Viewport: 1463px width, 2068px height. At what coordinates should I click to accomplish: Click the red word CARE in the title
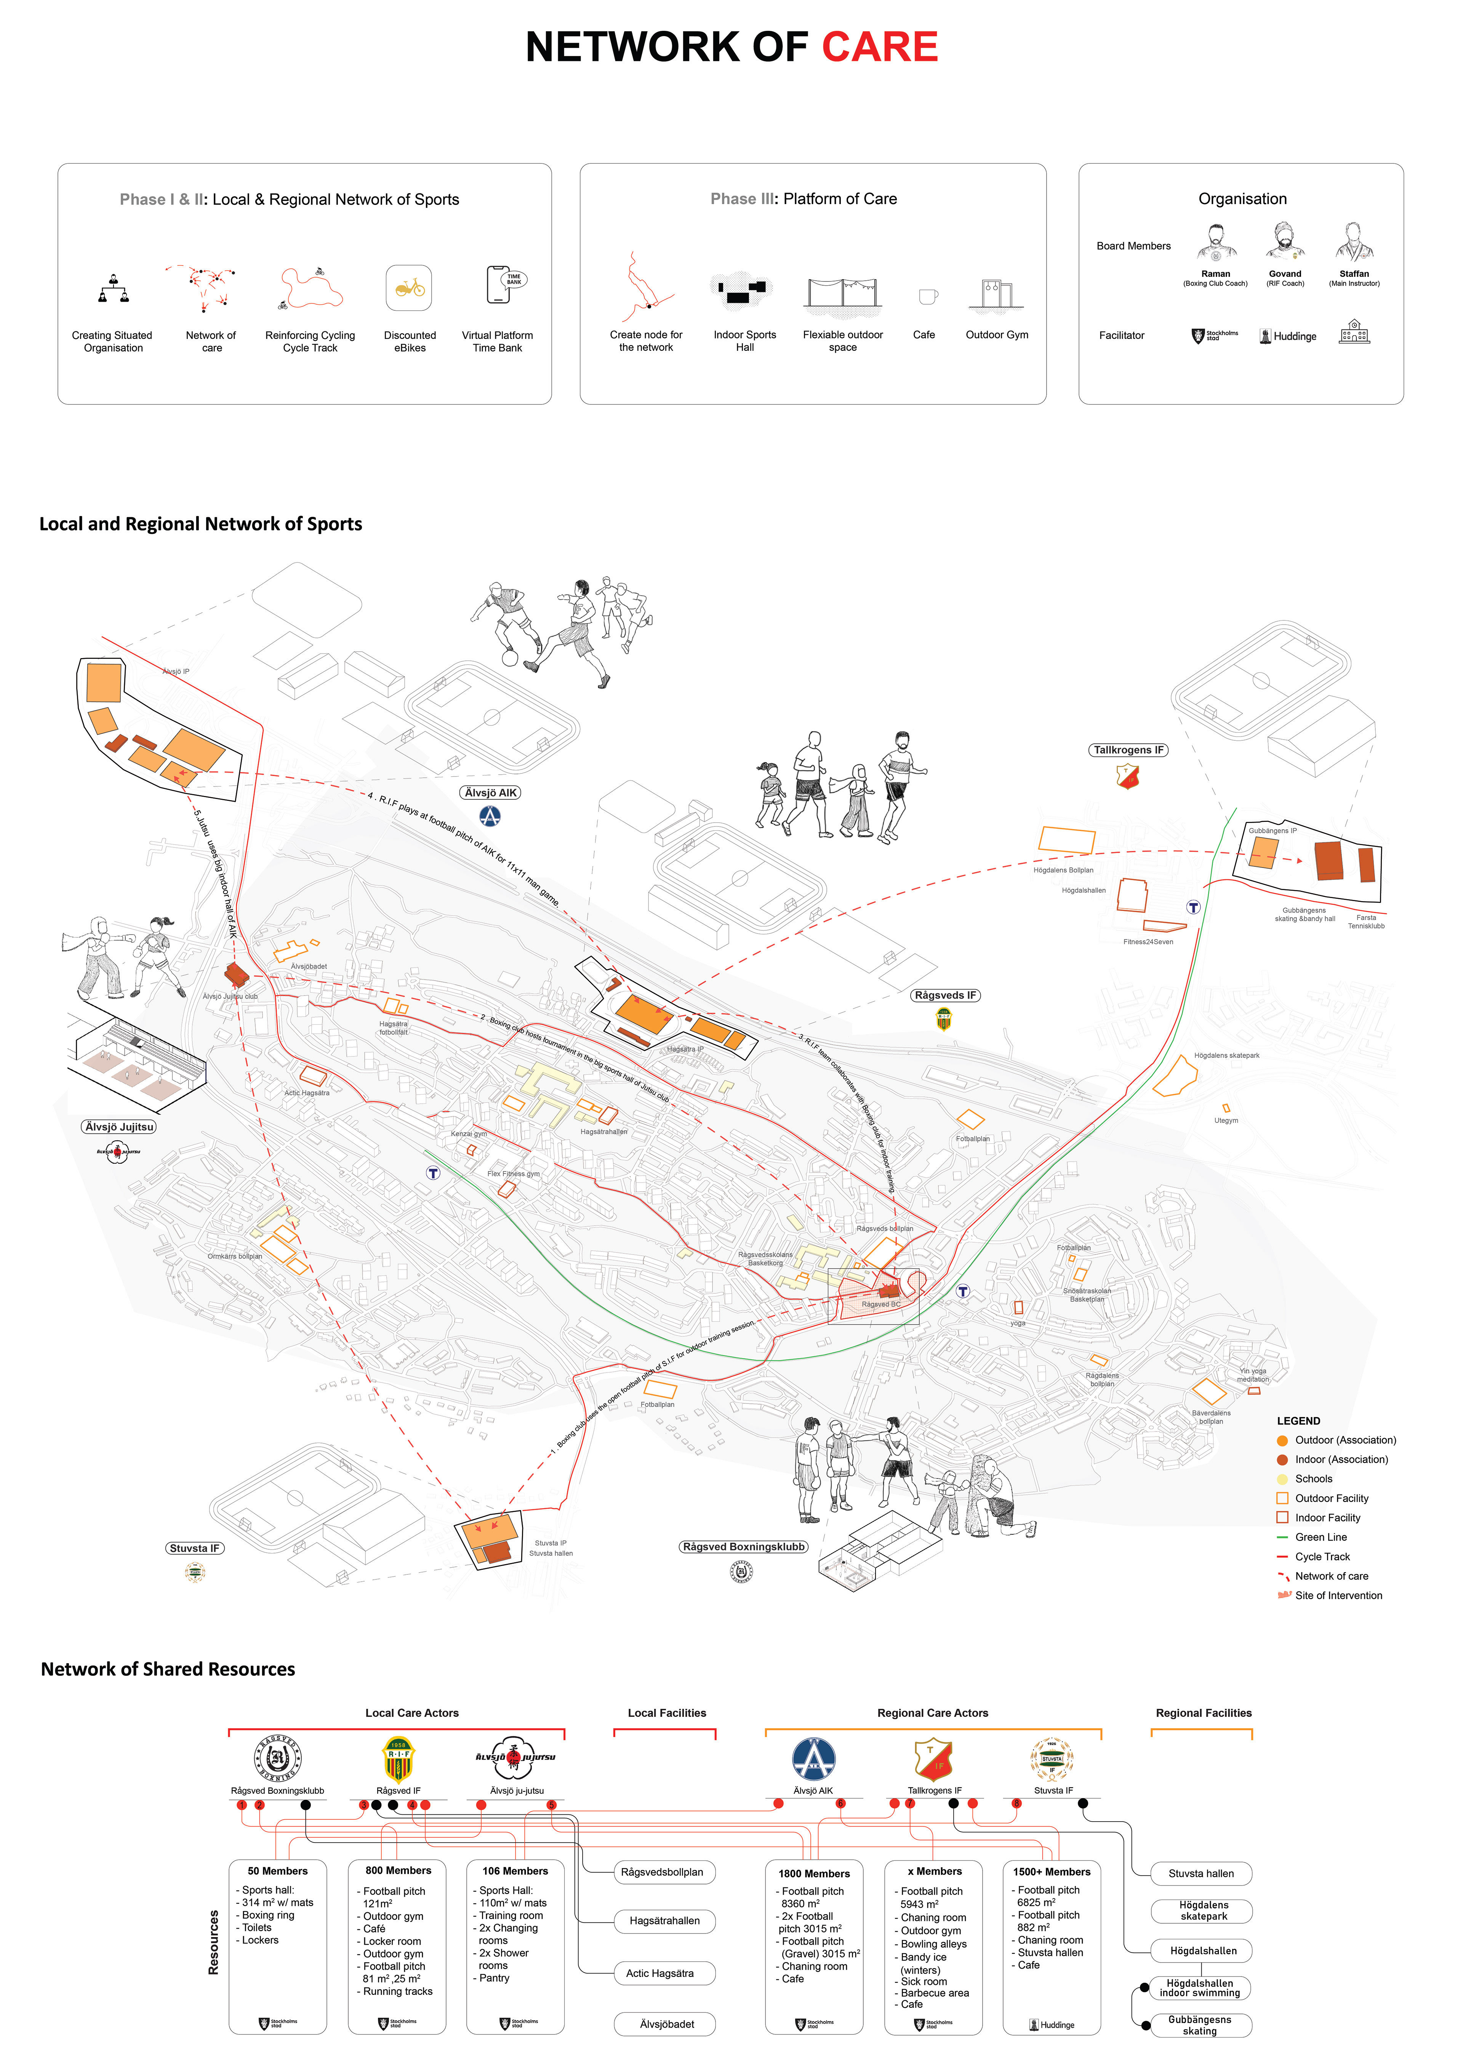pos(879,47)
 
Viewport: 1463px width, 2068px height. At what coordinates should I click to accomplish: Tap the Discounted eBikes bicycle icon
pos(409,288)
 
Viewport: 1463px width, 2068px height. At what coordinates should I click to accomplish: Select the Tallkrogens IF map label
pos(1128,750)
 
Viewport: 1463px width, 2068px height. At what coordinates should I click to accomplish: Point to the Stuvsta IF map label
pos(195,1548)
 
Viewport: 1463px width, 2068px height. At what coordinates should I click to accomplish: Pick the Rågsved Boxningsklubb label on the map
pos(743,1547)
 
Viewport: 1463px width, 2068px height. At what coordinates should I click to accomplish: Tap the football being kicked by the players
pos(510,658)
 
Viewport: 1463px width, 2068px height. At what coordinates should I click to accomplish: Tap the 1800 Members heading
pos(813,1873)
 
